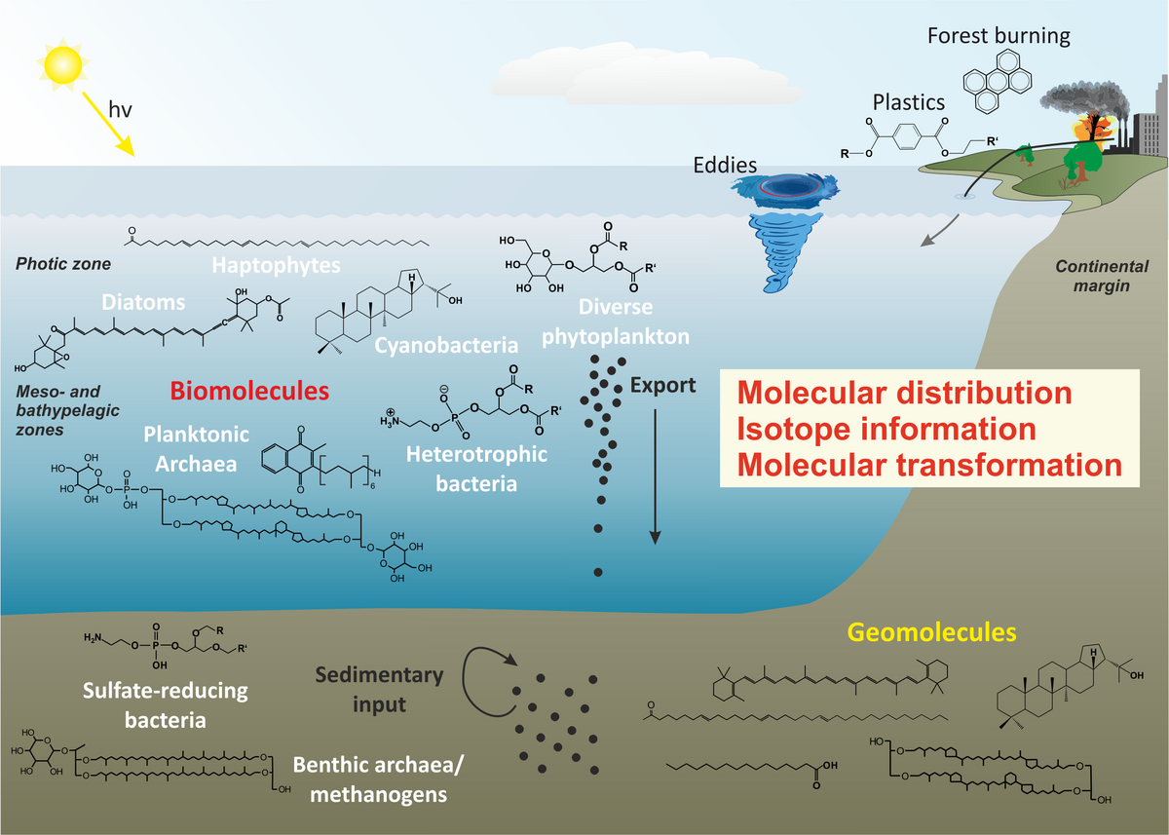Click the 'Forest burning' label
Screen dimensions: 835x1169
tap(999, 37)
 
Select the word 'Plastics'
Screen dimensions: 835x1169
tap(908, 102)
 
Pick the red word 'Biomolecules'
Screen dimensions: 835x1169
tap(250, 391)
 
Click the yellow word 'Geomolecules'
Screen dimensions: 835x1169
tap(931, 632)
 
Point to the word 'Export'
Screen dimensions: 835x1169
tap(663, 384)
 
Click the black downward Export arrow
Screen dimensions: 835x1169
tap(656, 477)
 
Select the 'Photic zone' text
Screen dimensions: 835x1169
tap(63, 264)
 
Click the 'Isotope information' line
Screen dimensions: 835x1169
tap(886, 429)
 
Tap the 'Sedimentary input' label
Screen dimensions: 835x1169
tap(380, 688)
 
